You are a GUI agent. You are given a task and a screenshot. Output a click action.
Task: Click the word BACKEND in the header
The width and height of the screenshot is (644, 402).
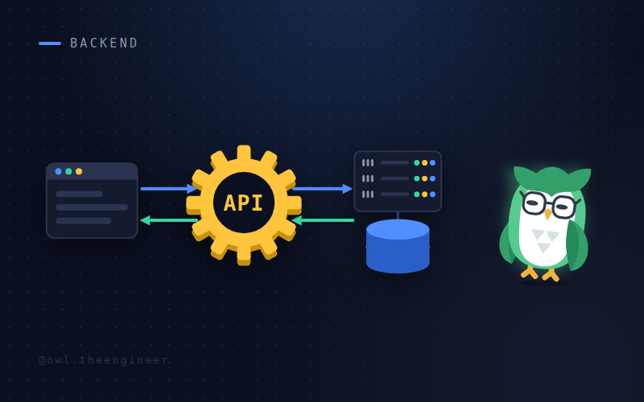[104, 43]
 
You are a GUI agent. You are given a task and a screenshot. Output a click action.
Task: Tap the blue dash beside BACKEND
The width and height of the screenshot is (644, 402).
[50, 43]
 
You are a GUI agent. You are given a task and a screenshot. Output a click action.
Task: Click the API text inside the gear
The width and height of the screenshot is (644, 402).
[244, 203]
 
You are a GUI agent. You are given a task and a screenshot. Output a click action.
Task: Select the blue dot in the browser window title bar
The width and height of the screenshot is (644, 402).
[58, 171]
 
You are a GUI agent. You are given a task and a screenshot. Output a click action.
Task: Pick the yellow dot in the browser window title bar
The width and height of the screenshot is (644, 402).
[79, 171]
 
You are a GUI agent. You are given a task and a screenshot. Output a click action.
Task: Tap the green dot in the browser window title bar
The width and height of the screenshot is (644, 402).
[68, 171]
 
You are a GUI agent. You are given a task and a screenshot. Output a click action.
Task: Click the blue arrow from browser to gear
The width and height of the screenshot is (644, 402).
[169, 189]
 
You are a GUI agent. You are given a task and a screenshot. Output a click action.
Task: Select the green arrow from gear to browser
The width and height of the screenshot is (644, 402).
[169, 220]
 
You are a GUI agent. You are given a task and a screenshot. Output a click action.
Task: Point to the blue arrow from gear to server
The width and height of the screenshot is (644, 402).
[323, 189]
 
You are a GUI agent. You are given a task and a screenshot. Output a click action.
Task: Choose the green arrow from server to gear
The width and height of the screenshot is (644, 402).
[323, 220]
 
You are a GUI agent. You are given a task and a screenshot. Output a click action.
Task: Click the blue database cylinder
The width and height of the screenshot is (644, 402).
[398, 246]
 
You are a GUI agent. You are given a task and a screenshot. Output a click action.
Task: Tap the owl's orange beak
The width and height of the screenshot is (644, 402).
[548, 214]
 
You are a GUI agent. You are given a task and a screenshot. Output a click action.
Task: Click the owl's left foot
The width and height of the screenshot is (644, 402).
[529, 273]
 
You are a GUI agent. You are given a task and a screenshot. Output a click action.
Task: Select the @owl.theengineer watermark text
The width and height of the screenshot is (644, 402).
[103, 360]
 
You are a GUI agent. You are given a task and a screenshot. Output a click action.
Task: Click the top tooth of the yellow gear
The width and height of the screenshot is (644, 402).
[244, 153]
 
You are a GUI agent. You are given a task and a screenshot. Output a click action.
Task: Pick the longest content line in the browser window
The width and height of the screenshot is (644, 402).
[92, 207]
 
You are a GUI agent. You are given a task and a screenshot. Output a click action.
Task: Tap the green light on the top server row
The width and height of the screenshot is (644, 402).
[416, 163]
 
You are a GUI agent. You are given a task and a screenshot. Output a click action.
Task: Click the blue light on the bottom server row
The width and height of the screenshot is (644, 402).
[432, 195]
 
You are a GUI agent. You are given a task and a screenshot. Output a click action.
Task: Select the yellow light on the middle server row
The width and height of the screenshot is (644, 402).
[425, 178]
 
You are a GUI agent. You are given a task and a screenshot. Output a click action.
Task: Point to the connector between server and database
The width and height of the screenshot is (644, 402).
[398, 215]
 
